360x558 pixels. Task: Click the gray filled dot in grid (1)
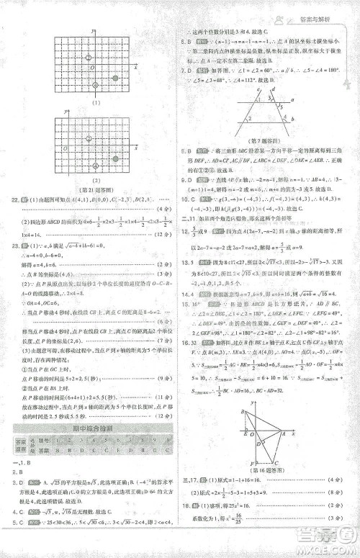(x=115, y=76)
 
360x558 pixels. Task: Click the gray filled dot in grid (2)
(x=115, y=158)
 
